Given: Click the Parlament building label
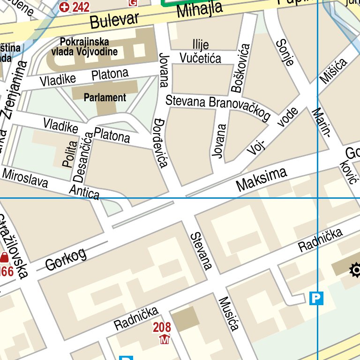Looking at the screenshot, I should click(x=105, y=97).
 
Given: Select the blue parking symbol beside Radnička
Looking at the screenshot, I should click(x=317, y=298).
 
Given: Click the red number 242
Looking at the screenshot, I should click(x=81, y=7).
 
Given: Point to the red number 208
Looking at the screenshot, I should click(x=162, y=327).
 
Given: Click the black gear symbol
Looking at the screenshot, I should click(x=355, y=270).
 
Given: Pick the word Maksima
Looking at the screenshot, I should click(x=262, y=180).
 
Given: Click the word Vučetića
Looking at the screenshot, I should click(x=200, y=58).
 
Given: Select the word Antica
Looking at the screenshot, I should click(x=84, y=191).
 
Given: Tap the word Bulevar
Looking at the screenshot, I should click(x=115, y=20).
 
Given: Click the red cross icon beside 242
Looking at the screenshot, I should click(x=65, y=7).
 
